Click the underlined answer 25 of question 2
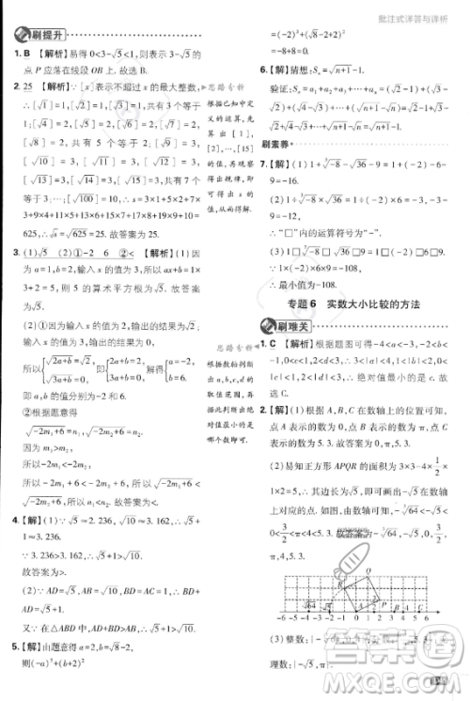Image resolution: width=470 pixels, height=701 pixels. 31,87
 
